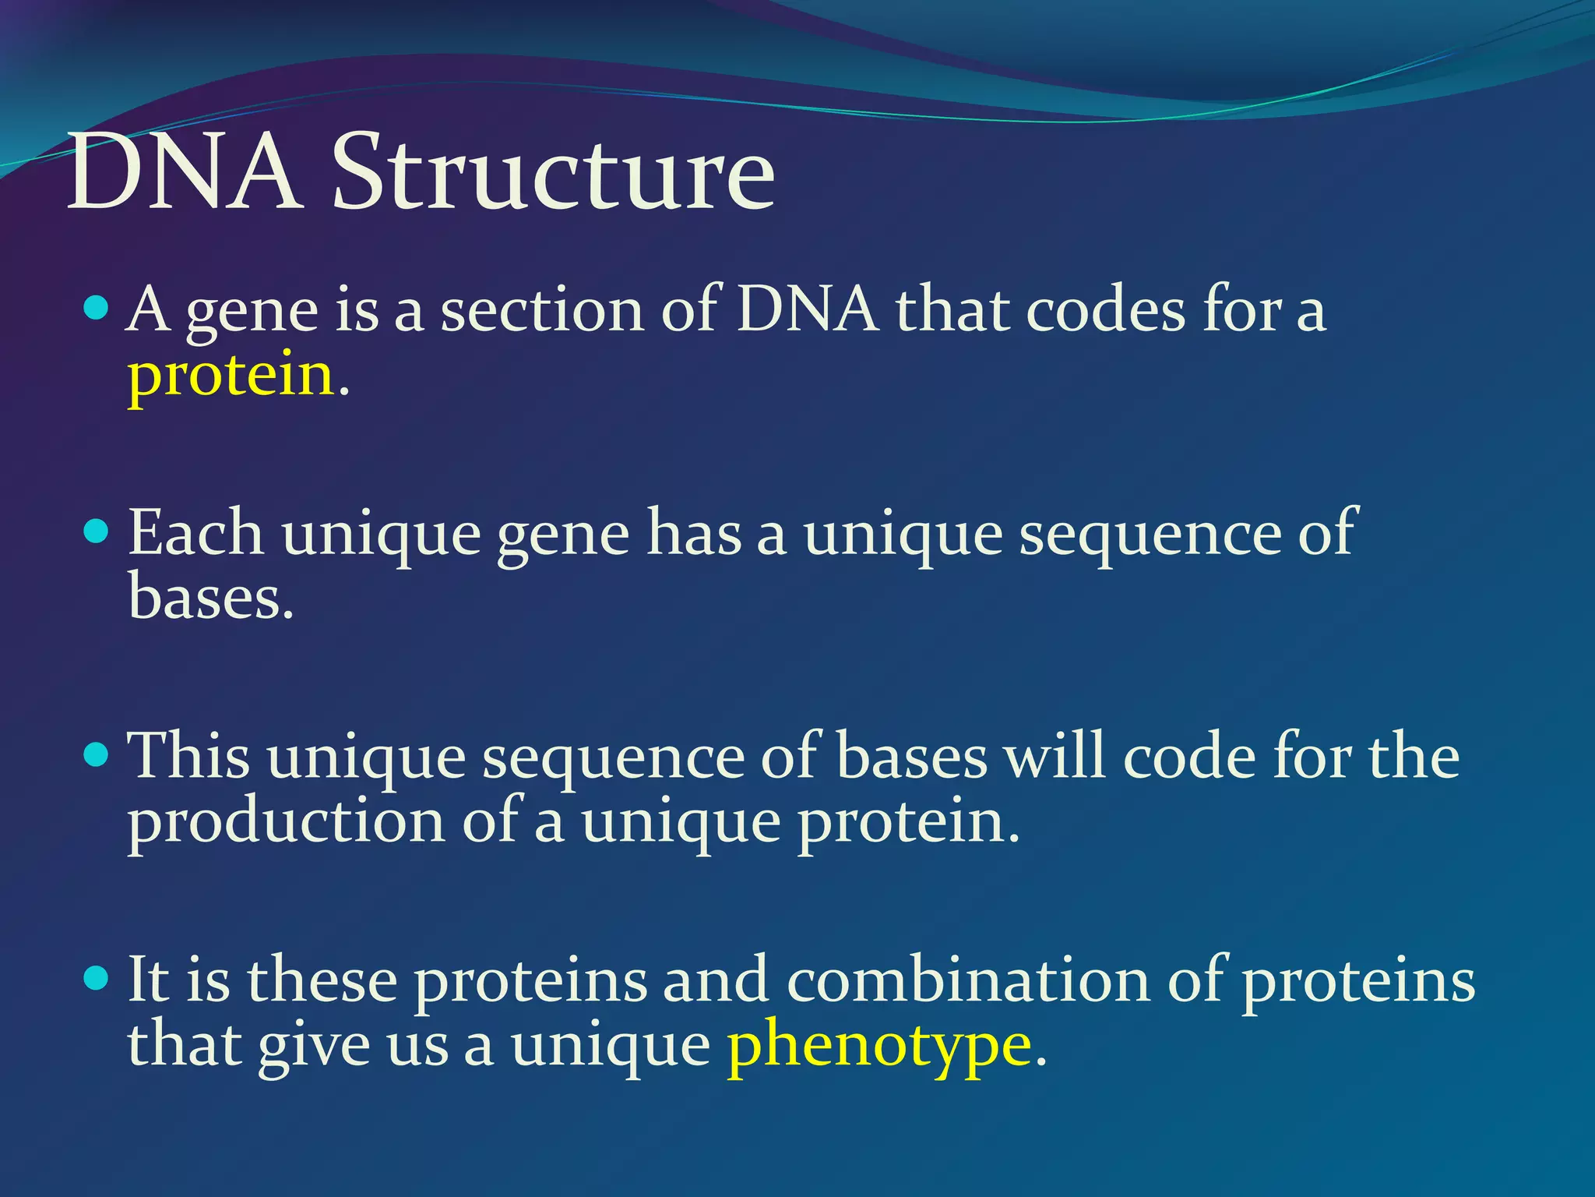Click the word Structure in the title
pyautogui.click(x=553, y=173)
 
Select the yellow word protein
pyautogui.click(x=231, y=376)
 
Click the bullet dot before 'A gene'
pyautogui.click(x=95, y=309)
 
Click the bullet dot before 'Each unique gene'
pyautogui.click(x=95, y=532)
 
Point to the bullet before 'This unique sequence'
pyautogui.click(x=95, y=755)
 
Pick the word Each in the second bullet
pyautogui.click(x=195, y=534)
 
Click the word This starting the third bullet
pyautogui.click(x=189, y=756)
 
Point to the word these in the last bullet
pyautogui.click(x=322, y=980)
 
